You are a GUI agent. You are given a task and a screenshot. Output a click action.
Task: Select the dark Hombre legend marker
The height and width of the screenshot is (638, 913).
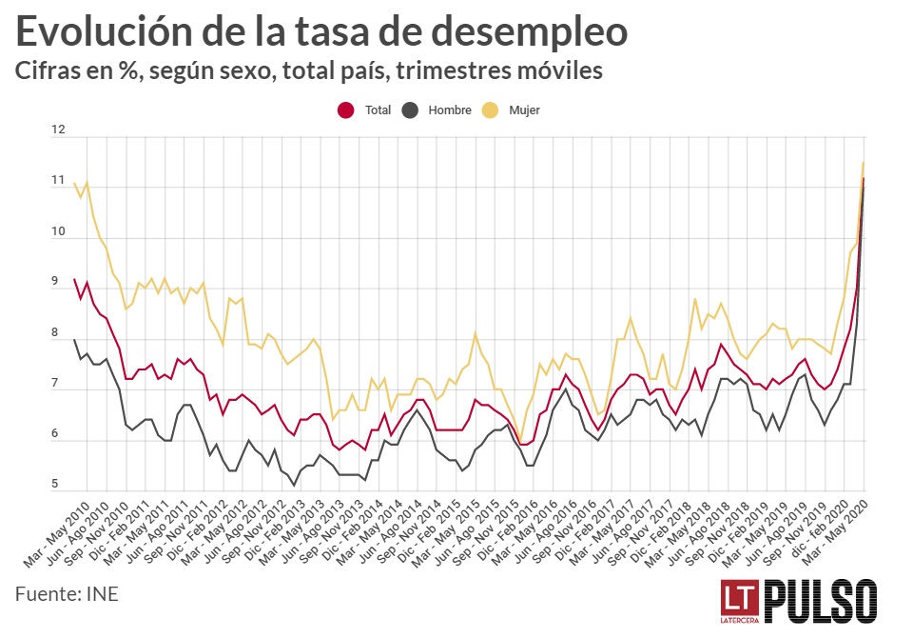(x=411, y=110)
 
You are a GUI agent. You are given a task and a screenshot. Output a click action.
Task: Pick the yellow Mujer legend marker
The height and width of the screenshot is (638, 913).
(x=491, y=110)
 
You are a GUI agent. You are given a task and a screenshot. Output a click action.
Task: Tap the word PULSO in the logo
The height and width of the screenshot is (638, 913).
(x=820, y=601)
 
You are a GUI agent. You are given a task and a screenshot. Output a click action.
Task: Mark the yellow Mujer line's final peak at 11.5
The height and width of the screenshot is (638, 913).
(x=863, y=163)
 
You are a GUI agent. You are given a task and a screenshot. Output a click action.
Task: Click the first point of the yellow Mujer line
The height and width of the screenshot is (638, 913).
(x=74, y=182)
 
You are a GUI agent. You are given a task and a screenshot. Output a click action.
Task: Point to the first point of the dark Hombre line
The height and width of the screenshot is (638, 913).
(x=74, y=339)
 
